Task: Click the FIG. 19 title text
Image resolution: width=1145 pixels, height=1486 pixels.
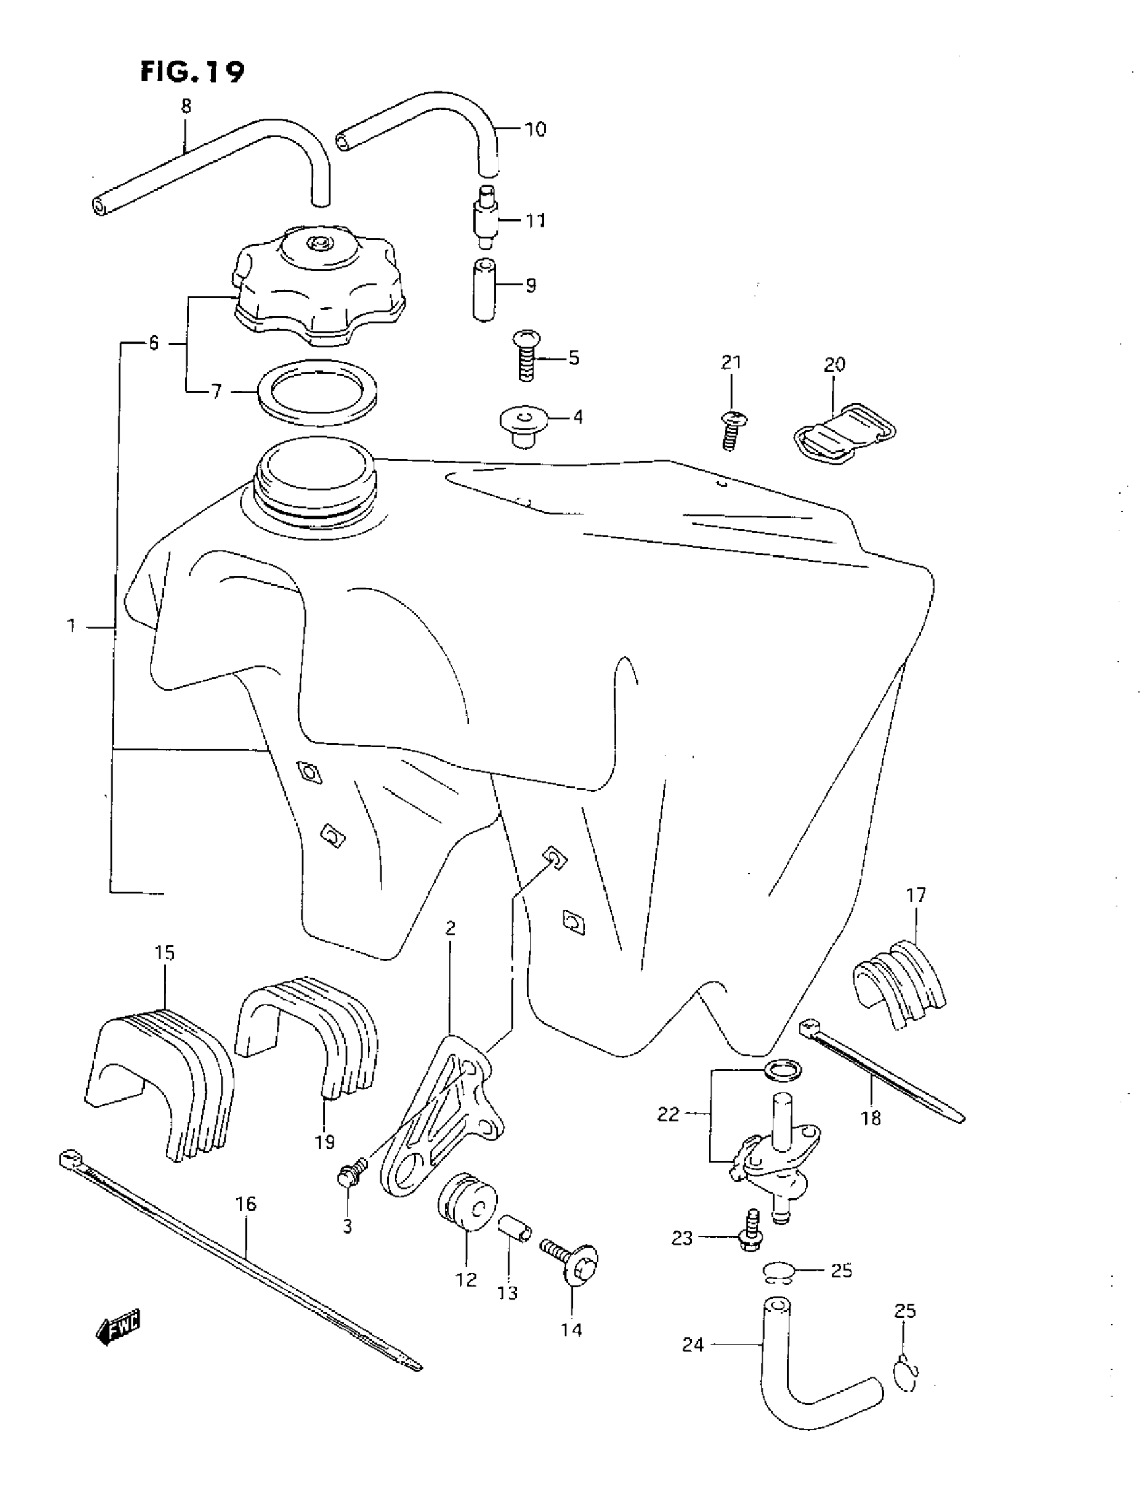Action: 193,71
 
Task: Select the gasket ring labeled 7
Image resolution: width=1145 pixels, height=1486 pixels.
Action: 317,392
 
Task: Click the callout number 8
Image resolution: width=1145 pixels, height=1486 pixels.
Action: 186,106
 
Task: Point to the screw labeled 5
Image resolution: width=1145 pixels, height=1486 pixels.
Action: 526,355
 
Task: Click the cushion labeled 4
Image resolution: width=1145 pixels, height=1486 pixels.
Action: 523,426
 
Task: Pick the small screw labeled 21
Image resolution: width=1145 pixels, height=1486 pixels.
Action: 733,430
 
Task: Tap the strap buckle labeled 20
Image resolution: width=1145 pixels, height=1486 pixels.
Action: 845,434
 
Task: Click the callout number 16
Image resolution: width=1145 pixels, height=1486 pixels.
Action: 246,1205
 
